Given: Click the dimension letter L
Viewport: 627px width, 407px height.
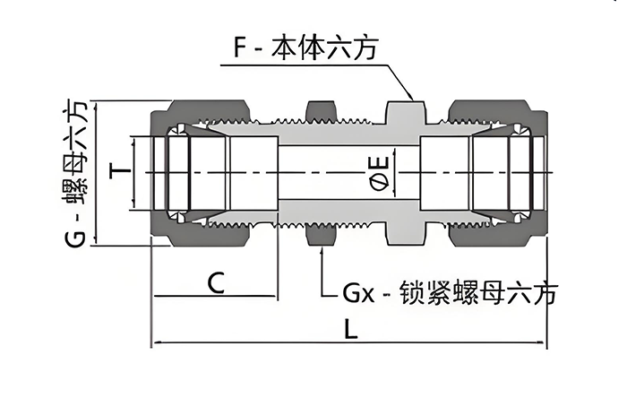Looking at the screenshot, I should [351, 329].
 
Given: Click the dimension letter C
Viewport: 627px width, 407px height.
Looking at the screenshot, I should [216, 283].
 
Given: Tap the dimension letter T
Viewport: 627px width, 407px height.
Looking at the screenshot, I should [115, 170].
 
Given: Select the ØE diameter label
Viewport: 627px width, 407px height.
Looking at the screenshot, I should [380, 171].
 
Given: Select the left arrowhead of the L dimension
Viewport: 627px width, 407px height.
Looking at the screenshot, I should [154, 342].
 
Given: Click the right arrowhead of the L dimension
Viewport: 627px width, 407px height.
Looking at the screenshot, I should [545, 342].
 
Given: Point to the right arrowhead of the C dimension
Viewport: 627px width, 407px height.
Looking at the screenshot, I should [276, 297].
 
